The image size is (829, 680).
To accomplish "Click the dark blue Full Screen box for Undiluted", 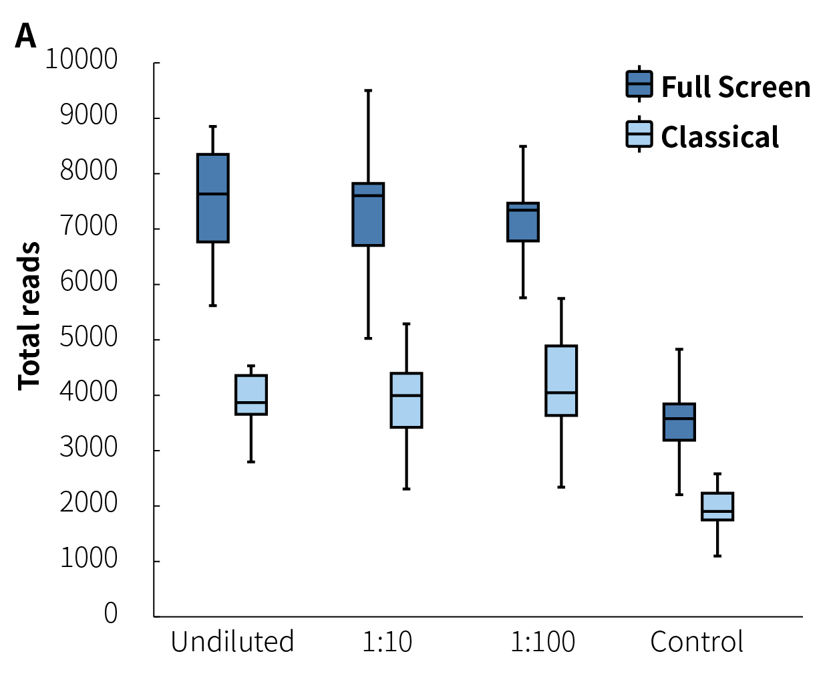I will click(213, 199).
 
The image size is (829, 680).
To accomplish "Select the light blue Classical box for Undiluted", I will click(251, 395).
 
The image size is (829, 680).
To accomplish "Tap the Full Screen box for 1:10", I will click(368, 214).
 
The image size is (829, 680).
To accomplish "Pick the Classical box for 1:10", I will click(406, 400).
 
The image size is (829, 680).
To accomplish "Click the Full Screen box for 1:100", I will click(523, 222).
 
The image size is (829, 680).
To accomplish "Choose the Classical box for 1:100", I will click(561, 380).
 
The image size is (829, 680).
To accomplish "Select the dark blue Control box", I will click(679, 422).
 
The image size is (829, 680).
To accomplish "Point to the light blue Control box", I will click(717, 506).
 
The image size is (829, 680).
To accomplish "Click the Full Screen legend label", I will click(735, 87).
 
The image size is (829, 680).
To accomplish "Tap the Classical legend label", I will click(719, 137).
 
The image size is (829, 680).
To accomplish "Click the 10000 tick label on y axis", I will click(81, 60).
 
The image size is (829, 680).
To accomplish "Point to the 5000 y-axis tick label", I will click(88, 337).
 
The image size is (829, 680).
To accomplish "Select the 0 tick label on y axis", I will click(111, 613).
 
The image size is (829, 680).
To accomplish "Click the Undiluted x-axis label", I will click(232, 642).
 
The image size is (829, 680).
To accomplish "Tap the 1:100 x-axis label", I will click(542, 642).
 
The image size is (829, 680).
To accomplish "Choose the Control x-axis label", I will click(697, 642).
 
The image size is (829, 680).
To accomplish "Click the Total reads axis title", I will click(29, 316).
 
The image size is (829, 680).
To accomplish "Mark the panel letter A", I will click(25, 36).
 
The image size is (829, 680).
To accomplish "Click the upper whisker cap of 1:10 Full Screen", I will click(368, 90).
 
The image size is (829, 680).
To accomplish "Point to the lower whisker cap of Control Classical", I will click(717, 556).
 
